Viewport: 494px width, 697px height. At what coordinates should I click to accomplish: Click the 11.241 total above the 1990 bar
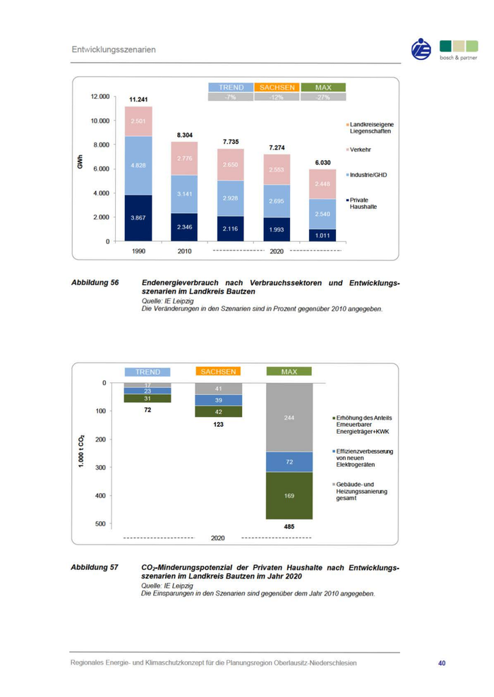pos(138,99)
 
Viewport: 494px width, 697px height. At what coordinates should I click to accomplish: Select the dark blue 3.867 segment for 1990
pos(138,218)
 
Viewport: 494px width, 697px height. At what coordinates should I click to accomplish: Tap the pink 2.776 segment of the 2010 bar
pos(185,159)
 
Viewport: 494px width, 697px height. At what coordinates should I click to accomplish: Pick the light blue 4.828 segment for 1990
pos(138,165)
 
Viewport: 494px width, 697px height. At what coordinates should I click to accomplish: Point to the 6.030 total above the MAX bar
pos(322,162)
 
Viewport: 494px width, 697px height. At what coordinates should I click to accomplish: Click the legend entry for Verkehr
pos(361,150)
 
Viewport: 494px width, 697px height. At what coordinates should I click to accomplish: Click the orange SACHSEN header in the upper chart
pos(277,87)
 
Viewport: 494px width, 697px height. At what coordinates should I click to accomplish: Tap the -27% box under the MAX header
pos(323,97)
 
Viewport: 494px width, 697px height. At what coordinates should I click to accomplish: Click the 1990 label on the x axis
pos(138,250)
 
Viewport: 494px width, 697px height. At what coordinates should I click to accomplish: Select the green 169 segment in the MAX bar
pos(289,495)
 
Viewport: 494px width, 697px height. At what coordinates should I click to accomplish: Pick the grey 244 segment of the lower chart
pos(289,418)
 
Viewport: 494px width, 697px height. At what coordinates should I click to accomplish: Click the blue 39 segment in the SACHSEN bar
pos(219,400)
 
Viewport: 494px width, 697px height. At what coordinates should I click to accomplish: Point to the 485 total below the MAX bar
pos(289,526)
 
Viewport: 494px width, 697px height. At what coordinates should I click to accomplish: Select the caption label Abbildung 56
pos(95,283)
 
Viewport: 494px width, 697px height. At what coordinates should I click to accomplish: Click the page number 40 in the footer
pos(442,663)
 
